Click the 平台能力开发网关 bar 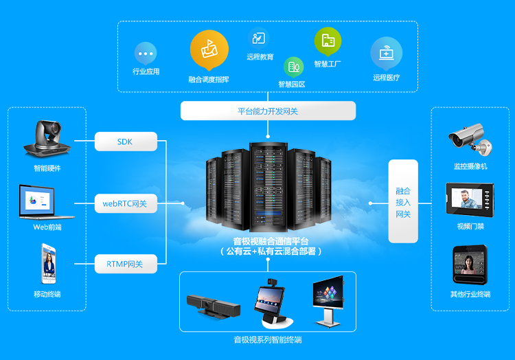pos(268,111)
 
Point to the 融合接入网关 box pos(403,201)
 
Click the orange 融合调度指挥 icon pos(209,49)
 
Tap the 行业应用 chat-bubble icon pos(146,53)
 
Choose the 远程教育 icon pos(259,38)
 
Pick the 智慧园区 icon pos(293,67)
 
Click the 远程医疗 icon pos(386,53)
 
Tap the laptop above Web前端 pos(47,201)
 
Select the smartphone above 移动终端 pos(48,265)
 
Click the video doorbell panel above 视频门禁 pos(470,199)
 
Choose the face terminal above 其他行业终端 pos(470,265)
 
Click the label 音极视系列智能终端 pos(267,340)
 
